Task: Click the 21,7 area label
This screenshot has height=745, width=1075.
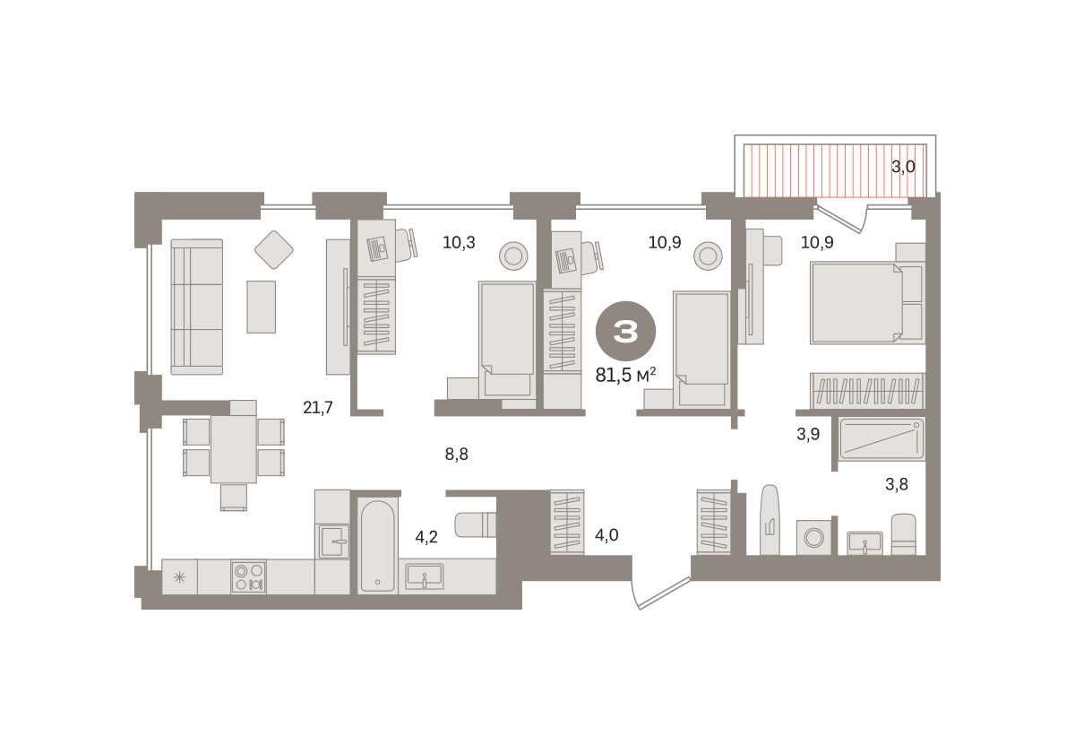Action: [318, 408]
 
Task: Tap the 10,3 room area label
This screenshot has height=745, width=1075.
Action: [459, 243]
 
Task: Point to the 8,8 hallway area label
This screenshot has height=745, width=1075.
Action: [456, 454]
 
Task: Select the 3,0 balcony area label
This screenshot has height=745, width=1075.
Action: [903, 167]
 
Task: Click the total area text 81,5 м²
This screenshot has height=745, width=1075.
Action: [625, 375]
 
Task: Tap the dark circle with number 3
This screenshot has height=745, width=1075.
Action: [626, 331]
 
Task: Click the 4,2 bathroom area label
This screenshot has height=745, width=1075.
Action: [426, 537]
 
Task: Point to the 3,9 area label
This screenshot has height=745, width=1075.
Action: [808, 434]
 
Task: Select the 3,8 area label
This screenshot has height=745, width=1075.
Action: [897, 484]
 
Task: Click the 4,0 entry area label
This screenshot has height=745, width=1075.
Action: [606, 534]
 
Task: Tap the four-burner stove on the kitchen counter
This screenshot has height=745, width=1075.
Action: [249, 576]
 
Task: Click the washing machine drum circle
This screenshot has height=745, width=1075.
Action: [814, 537]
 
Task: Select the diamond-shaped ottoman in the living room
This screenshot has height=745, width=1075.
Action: [273, 250]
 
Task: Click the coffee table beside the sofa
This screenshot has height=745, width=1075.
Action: [261, 307]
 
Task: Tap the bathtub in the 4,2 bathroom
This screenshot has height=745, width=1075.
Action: [378, 546]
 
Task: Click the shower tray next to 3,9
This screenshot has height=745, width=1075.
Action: [882, 438]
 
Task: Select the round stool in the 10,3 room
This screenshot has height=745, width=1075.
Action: [513, 256]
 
